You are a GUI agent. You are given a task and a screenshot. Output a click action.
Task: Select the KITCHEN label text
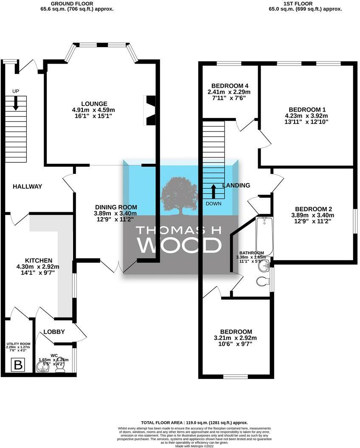[38, 260]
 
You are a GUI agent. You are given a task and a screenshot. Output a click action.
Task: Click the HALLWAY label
[27, 187]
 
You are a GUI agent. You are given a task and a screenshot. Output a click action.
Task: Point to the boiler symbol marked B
[18, 364]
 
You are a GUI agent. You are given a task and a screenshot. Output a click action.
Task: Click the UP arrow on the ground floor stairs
[16, 103]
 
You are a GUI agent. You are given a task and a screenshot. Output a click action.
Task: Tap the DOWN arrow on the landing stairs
[214, 191]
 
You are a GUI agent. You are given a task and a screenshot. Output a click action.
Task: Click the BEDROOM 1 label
[306, 109]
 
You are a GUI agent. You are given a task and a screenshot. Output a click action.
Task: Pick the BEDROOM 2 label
[313, 209]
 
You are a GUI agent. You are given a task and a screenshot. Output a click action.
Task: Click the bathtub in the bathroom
[265, 235]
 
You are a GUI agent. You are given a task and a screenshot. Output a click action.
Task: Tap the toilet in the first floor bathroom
[263, 281]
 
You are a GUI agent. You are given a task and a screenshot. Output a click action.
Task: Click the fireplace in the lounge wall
[150, 110]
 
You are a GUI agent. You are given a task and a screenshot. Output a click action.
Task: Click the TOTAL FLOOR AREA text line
[194, 423]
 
